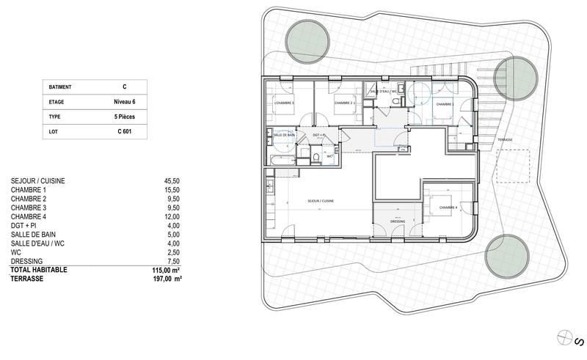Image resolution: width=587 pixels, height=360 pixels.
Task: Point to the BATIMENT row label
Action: pyautogui.click(x=60, y=87)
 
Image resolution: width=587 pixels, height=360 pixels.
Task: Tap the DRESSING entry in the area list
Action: pyautogui.click(x=27, y=260)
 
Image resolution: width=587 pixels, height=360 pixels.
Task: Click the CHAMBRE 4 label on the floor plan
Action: pyautogui.click(x=448, y=208)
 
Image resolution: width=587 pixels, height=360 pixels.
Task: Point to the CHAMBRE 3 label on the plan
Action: pyautogui.click(x=283, y=103)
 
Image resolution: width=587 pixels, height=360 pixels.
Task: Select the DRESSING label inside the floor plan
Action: pyautogui.click(x=395, y=221)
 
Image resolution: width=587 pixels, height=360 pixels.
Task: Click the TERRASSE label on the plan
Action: pyautogui.click(x=504, y=139)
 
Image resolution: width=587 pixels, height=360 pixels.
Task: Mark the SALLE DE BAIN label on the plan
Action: pyautogui.click(x=283, y=135)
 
